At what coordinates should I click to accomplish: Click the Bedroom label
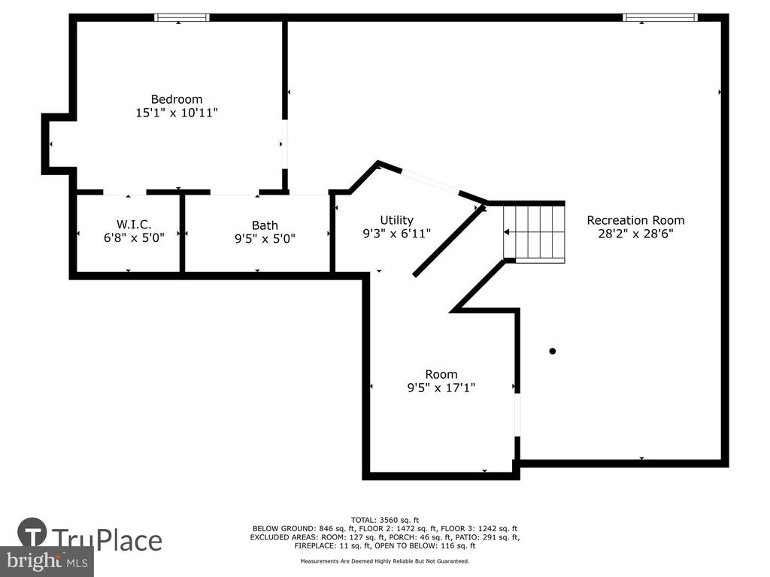coord(176,100)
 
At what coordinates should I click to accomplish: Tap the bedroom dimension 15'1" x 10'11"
coord(177,113)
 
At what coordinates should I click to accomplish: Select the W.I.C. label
coord(134,225)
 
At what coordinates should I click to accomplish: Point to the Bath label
coord(265,225)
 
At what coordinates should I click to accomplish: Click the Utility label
coord(397,220)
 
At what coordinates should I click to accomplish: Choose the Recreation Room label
coord(635,220)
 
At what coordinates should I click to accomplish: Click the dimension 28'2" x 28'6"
coord(635,234)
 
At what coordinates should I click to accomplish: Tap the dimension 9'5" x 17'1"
coord(441,388)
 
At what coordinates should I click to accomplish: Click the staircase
coord(535,233)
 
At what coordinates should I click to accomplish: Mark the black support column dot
coord(553,351)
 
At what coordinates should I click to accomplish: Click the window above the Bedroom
coord(182,18)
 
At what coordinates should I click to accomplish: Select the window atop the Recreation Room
coord(660,18)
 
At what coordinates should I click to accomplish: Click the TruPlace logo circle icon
coord(32,533)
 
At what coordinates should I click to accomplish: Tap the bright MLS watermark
coord(47,560)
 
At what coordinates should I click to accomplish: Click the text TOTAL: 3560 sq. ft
coord(385,520)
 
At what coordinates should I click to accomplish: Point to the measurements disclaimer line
coord(385,560)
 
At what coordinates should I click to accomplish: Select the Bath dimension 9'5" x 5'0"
coord(265,239)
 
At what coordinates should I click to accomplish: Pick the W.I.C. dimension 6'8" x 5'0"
coord(134,238)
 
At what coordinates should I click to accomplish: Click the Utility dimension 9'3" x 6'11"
coord(397,234)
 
